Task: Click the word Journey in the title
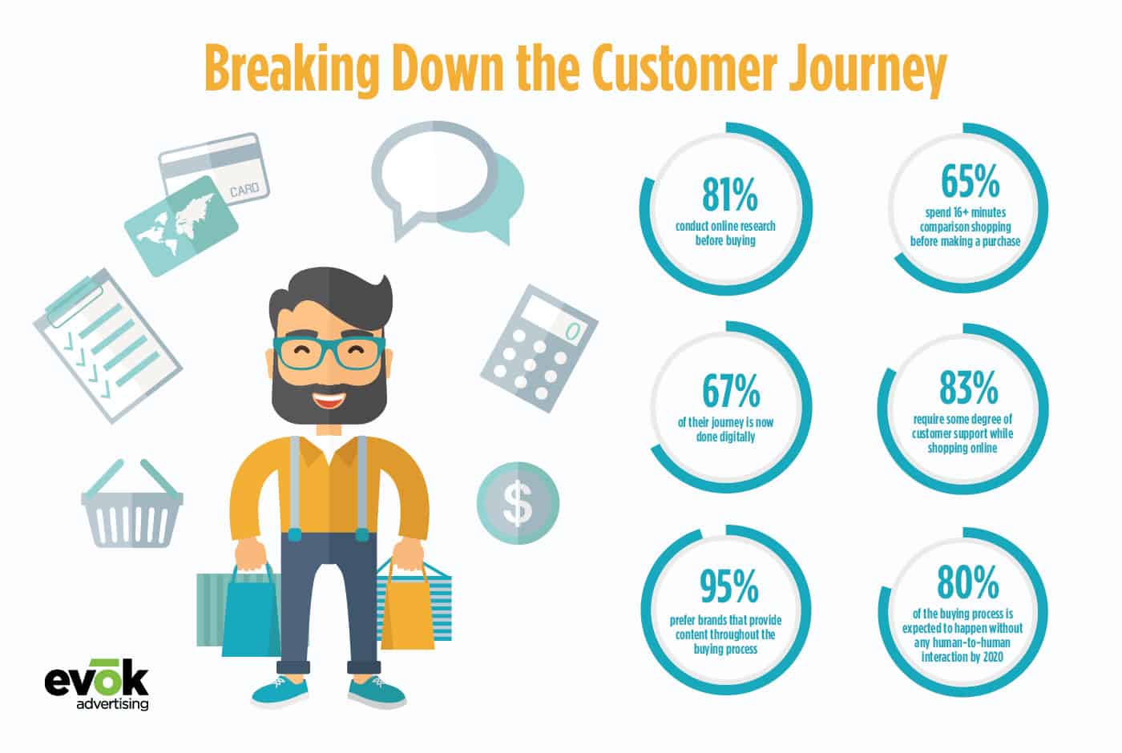(x=867, y=70)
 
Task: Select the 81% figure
(x=729, y=195)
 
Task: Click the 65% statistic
(x=971, y=181)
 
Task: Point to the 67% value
(x=731, y=391)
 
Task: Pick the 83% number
(x=969, y=387)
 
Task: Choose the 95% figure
(x=728, y=586)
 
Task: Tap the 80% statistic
(x=968, y=582)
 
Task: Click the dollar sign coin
(x=518, y=503)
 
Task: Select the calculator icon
(x=539, y=348)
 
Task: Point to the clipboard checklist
(x=107, y=345)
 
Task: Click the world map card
(x=181, y=226)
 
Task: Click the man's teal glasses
(x=329, y=352)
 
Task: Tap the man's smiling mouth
(x=329, y=400)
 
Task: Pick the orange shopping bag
(x=407, y=608)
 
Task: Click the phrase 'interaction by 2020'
(x=963, y=656)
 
